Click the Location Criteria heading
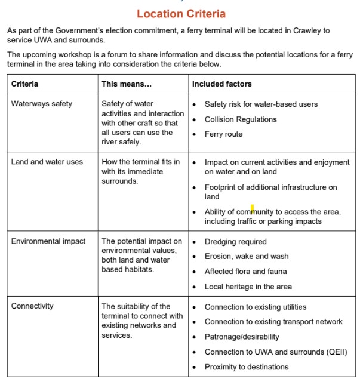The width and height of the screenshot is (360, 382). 181,13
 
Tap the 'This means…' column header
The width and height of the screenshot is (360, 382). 127,84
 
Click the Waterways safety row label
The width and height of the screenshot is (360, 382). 41,104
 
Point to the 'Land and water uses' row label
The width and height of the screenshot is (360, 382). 47,162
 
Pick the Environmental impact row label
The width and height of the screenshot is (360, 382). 48,241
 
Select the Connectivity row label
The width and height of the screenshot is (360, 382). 32,306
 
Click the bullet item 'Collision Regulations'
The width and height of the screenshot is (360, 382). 241,119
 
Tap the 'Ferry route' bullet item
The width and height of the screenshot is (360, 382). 223,134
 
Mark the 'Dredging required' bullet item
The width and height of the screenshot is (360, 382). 235,242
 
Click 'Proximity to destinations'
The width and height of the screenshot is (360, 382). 246,366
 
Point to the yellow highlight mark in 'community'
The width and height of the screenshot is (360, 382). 252,209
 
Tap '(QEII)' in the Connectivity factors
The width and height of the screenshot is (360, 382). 335,352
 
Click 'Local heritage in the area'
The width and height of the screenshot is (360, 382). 248,286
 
